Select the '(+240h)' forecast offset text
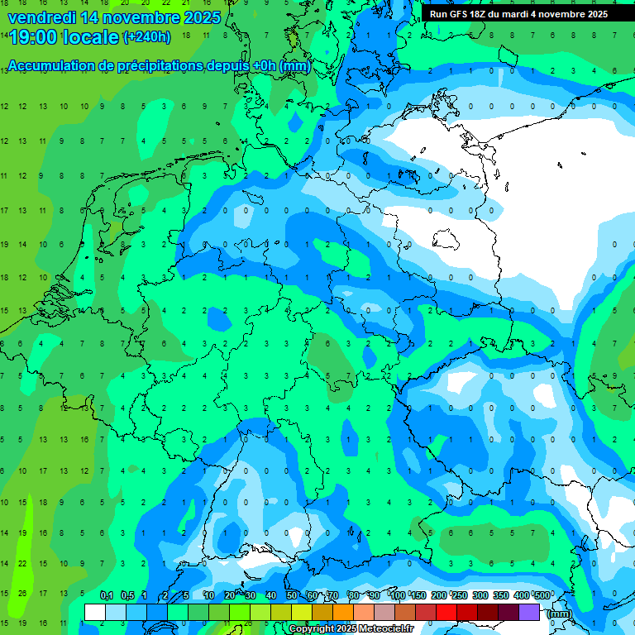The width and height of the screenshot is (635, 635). tap(147, 37)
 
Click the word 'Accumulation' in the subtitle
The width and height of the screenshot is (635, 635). tap(51, 66)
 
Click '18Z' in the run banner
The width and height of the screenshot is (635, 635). tap(485, 14)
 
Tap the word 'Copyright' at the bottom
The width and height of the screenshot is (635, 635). tap(312, 629)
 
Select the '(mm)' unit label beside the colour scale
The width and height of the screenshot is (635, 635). tap(559, 614)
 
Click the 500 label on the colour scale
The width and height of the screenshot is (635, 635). tap(542, 595)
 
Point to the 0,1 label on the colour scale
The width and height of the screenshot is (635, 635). tap(107, 595)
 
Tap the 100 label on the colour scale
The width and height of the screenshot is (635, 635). tap(398, 595)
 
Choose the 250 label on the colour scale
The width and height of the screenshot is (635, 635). tap(460, 595)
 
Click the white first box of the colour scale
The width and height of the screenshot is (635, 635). tap(95, 612)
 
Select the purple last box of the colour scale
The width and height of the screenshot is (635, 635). tap(529, 612)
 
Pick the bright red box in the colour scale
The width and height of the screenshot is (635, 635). tap(446, 612)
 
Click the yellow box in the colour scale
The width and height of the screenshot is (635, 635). tap(302, 612)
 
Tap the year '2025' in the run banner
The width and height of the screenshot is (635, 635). tap(593, 14)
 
